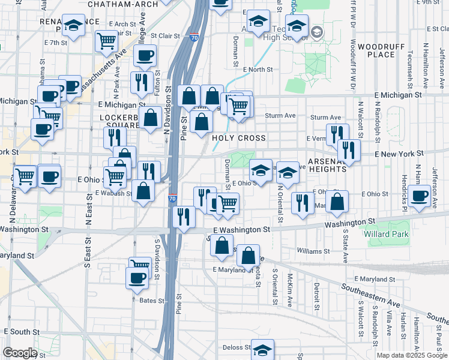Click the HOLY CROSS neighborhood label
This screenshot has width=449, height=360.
click(x=239, y=138)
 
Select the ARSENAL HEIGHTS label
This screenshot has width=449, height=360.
click(x=327, y=166)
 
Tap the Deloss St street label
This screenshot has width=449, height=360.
click(x=236, y=347)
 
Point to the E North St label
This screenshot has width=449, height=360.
click(x=258, y=70)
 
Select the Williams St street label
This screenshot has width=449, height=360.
click(x=313, y=251)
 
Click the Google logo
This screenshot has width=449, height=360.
click(x=19, y=353)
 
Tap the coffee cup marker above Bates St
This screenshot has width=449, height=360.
click(x=137, y=278)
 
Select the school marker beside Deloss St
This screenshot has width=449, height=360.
click(x=262, y=349)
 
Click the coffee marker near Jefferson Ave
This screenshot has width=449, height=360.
click(x=420, y=196)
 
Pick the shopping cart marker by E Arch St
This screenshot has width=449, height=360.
click(x=106, y=41)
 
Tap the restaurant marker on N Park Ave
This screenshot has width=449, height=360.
click(x=142, y=82)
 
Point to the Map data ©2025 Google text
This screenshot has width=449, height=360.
click(x=412, y=355)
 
